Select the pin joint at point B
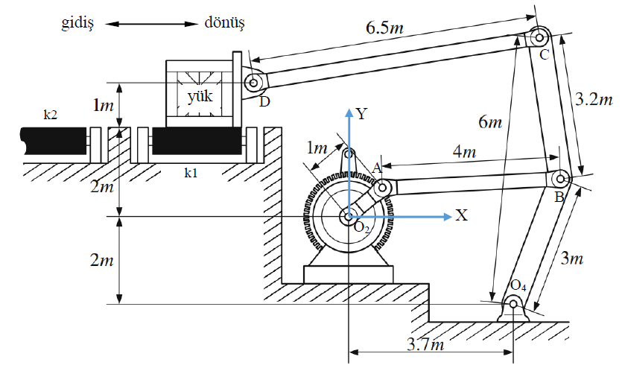tap(560, 178)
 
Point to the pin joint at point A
tap(382, 188)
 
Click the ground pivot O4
tap(514, 303)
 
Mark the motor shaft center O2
tap(348, 217)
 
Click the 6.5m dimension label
tap(385, 29)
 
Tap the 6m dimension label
tap(489, 121)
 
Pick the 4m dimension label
tap(466, 152)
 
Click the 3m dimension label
tap(571, 259)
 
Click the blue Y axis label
tap(362, 114)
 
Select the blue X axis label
tap(462, 216)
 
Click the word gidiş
tap(78, 22)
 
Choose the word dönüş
tap(225, 22)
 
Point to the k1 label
tap(191, 173)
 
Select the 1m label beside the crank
tap(319, 148)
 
